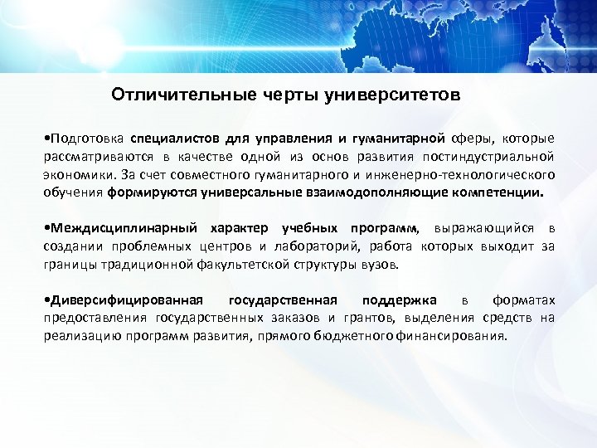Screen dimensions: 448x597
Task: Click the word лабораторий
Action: pos(301,246)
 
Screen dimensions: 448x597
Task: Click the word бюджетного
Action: pos(370,337)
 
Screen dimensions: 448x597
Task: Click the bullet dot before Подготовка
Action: pos(46,139)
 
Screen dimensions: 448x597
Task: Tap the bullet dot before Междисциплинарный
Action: pos(46,228)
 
